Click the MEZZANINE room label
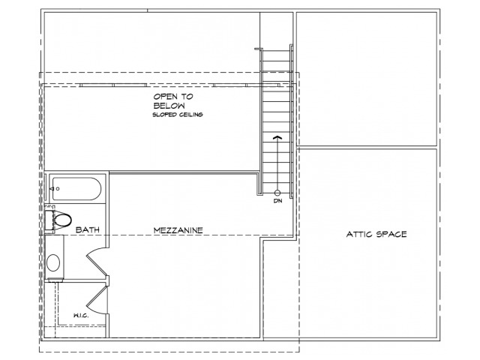178,230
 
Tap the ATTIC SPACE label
376,235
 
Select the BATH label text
88,229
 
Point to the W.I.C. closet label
81,316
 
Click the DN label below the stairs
278,201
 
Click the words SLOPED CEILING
178,115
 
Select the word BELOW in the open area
169,106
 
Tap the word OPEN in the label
165,97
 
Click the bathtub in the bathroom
75,189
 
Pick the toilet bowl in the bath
63,220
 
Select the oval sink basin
53,262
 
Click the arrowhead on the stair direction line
277,138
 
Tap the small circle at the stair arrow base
277,193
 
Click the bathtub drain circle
58,189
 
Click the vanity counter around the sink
55,257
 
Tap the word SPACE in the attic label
391,235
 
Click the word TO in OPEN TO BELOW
187,97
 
